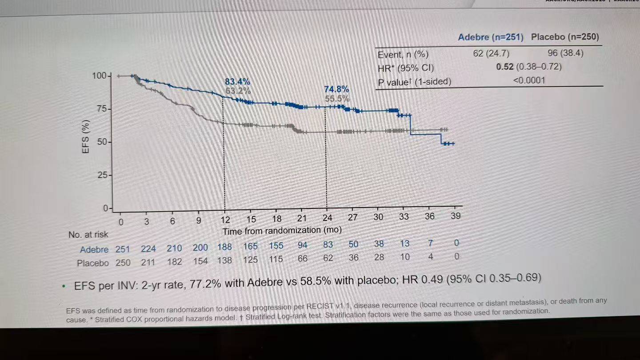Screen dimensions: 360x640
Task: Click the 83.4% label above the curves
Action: (237, 82)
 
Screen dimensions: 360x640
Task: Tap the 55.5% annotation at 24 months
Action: (336, 99)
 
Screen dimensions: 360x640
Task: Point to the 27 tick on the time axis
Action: (352, 217)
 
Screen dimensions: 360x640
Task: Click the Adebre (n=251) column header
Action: (490, 37)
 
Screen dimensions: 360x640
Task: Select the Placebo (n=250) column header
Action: (564, 37)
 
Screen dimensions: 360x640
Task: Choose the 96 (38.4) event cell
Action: (565, 53)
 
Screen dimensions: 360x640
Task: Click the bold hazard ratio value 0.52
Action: (504, 67)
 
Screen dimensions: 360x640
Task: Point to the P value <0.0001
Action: (528, 80)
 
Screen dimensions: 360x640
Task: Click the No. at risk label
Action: (88, 234)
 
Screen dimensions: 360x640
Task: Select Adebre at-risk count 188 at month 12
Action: (225, 247)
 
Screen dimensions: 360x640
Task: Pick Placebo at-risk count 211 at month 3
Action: (148, 262)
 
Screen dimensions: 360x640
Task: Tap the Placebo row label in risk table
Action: (92, 263)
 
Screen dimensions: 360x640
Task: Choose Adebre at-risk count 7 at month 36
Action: (430, 244)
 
